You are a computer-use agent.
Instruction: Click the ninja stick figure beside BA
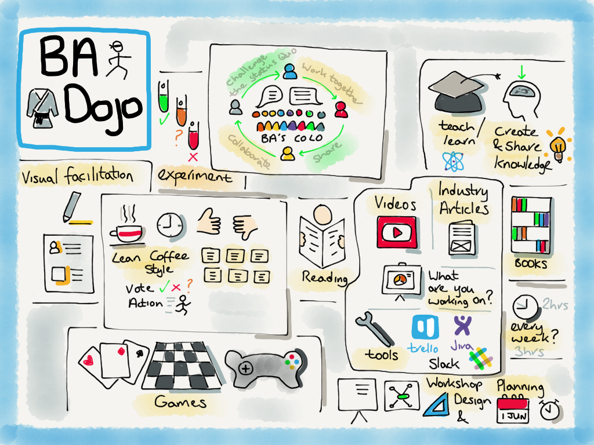pos(118,60)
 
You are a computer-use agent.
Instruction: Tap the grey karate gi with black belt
pos(42,108)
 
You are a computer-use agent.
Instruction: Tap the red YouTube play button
pos(397,232)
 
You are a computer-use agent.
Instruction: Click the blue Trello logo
pos(425,327)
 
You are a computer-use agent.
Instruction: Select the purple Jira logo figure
pos(462,326)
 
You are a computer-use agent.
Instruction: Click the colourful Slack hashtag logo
pos(480,358)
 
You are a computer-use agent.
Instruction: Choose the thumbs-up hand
pos(209,221)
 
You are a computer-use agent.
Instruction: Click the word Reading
pos(325,278)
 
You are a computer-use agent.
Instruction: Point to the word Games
pos(180,402)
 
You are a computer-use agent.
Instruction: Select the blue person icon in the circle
pos(290,71)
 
